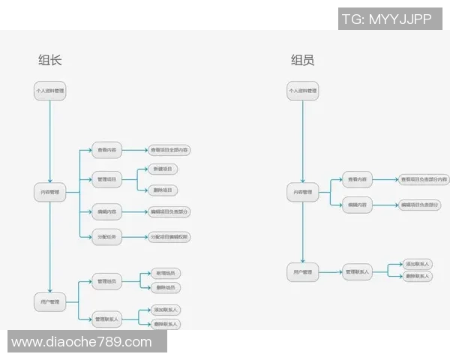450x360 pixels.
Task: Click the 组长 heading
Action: [50, 61]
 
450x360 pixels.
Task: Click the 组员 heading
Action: [302, 61]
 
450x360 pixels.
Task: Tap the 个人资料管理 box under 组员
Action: [302, 91]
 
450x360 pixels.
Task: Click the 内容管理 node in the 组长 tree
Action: [49, 193]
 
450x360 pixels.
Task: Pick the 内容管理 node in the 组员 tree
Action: [302, 193]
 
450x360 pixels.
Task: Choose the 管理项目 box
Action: [106, 179]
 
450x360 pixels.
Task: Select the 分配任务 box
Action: [106, 237]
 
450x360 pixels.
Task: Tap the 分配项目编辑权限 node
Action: [169, 237]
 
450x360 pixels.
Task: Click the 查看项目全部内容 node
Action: [169, 151]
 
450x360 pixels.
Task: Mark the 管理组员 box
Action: [106, 282]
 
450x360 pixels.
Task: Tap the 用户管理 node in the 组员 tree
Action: [302, 271]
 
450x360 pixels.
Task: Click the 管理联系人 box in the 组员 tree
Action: [358, 271]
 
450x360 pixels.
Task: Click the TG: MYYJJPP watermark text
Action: [385, 19]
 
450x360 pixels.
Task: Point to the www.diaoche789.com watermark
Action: [82, 342]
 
